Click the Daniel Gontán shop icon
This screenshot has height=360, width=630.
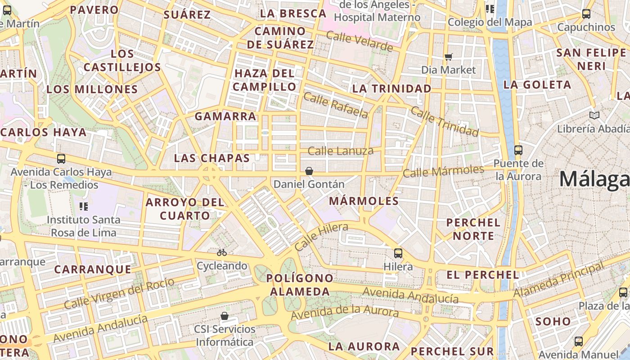pyautogui.click(x=309, y=171)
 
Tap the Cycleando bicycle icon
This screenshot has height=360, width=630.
pyautogui.click(x=221, y=252)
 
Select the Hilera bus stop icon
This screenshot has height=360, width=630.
pyautogui.click(x=398, y=253)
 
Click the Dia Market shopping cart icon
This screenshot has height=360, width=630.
pyautogui.click(x=448, y=57)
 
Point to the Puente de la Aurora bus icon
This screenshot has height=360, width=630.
pyautogui.click(x=518, y=150)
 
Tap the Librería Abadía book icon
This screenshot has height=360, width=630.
pyautogui.click(x=594, y=116)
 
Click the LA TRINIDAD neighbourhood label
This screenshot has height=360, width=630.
pyautogui.click(x=391, y=89)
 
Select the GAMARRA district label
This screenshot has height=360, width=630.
pyautogui.click(x=225, y=116)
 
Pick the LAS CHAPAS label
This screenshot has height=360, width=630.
pyautogui.click(x=212, y=158)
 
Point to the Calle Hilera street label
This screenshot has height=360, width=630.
pyautogui.click(x=321, y=237)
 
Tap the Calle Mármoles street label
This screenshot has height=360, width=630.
pyautogui.click(x=443, y=171)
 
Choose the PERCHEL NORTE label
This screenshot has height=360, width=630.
pyautogui.click(x=473, y=229)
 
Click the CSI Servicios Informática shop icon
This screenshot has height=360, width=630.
pyautogui.click(x=224, y=316)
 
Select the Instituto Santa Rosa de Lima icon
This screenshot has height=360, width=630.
pyautogui.click(x=83, y=207)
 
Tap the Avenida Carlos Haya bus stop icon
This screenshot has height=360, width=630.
pyautogui.click(x=61, y=159)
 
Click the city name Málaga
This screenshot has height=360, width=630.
pyautogui.click(x=594, y=179)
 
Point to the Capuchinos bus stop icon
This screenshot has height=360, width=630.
pyautogui.click(x=586, y=14)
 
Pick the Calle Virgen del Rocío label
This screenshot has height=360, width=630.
pyautogui.click(x=119, y=293)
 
